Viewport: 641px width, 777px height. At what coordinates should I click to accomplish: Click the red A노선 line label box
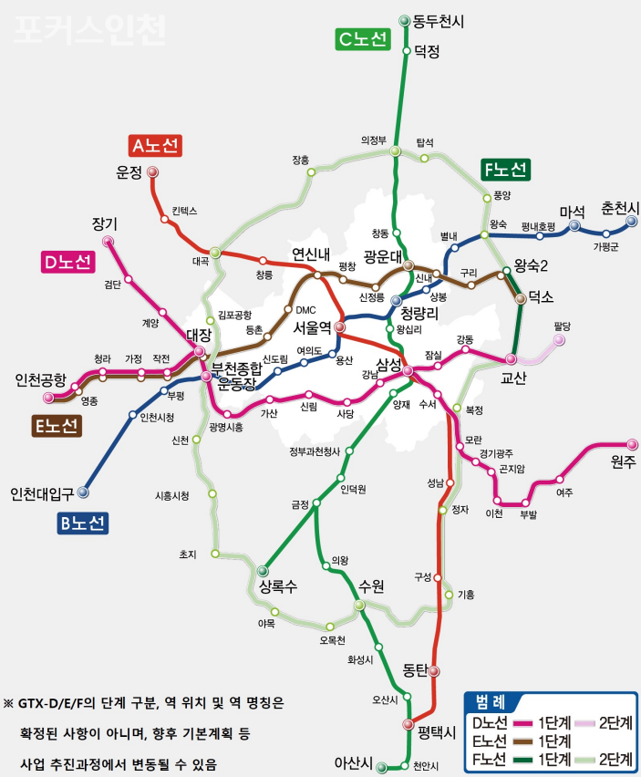click(x=155, y=145)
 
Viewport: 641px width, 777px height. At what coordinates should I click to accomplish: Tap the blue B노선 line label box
click(x=80, y=523)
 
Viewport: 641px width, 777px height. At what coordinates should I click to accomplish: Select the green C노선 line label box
click(x=362, y=39)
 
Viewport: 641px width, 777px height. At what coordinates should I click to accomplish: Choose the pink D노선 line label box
click(x=67, y=263)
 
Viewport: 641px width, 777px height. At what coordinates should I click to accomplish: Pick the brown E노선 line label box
click(x=57, y=426)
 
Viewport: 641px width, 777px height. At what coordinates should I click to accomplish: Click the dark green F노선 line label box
click(x=505, y=170)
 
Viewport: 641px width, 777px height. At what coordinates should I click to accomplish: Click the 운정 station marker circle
click(x=152, y=171)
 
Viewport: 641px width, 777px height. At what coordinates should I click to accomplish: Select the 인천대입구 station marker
click(x=83, y=492)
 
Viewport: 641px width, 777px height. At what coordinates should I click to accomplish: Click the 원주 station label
click(x=625, y=463)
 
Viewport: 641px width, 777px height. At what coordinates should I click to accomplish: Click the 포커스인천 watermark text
click(x=89, y=29)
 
